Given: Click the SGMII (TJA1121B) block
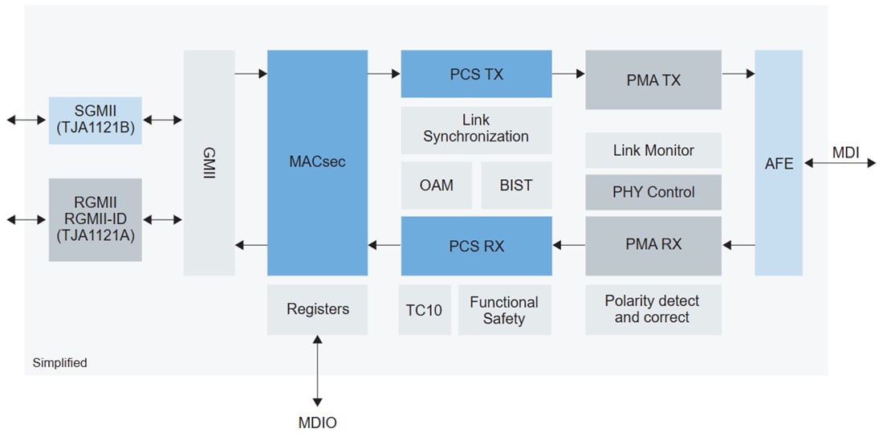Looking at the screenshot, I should tap(95, 120).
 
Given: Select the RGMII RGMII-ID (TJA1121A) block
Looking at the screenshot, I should tap(95, 219).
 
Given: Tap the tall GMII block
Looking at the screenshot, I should tap(209, 163).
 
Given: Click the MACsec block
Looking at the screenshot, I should tap(317, 163).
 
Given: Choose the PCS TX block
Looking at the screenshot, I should tap(476, 74).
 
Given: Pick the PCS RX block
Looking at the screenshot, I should tap(476, 246).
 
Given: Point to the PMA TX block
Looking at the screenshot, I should tap(653, 80).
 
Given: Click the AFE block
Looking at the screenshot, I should tap(778, 163).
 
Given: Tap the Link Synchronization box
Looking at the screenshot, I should tap(476, 129).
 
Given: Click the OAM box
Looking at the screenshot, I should tap(436, 186).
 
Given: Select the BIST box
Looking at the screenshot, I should tap(515, 186).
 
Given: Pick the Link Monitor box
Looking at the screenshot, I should tap(653, 150).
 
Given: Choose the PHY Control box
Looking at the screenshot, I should tap(653, 192).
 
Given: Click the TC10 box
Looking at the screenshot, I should tap(424, 309).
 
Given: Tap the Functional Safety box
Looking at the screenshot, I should tap(504, 309).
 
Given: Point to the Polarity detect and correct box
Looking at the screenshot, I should tap(653, 309).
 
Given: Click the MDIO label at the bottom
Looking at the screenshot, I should tap(318, 423).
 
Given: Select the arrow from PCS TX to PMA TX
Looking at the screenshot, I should tap(568, 74).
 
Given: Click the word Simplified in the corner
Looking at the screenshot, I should tap(59, 363).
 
